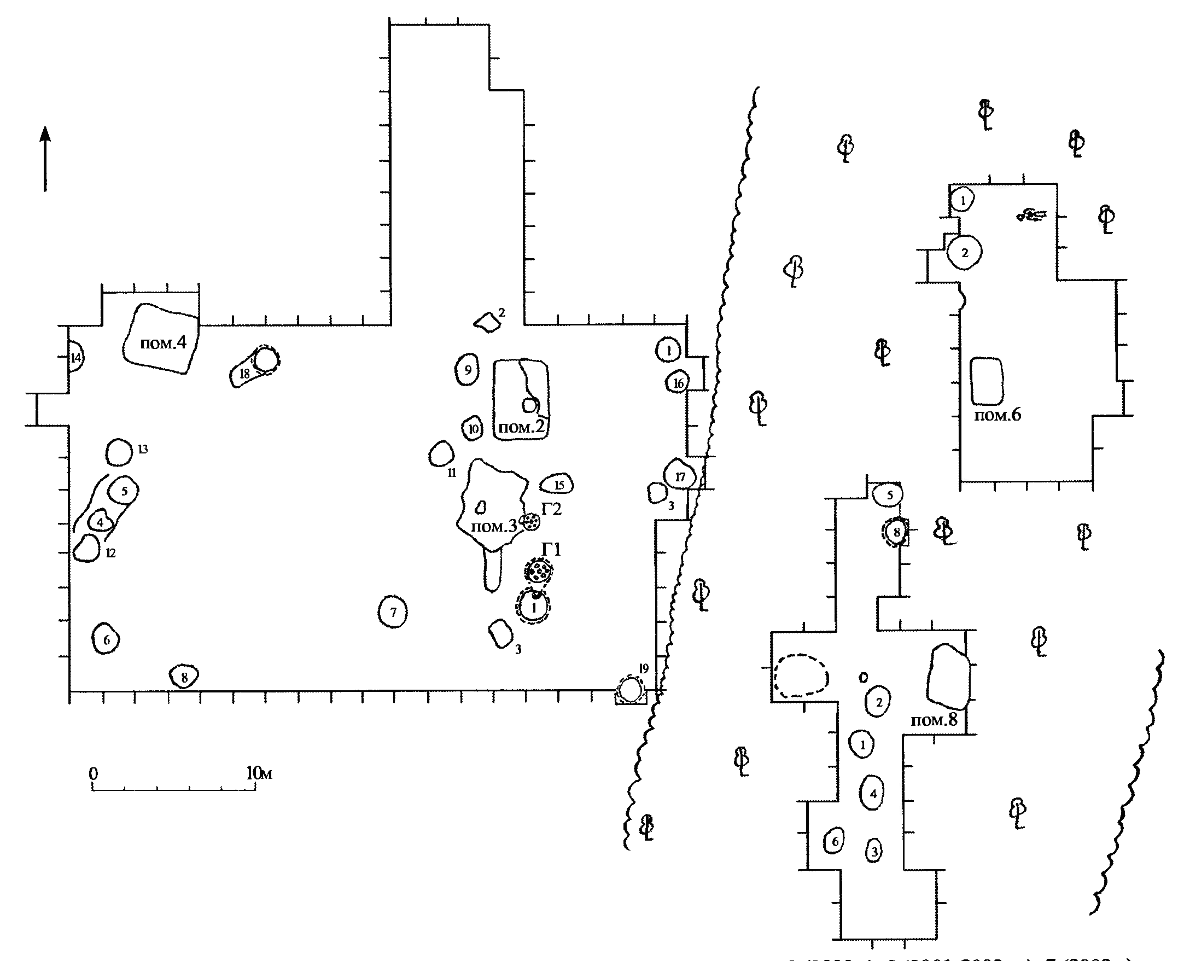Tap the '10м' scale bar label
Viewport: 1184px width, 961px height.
tap(259, 773)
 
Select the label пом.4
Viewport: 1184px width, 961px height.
tap(163, 343)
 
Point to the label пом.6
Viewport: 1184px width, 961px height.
tap(998, 415)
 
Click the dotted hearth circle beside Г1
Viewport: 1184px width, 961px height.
tap(538, 570)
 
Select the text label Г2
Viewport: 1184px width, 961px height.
tap(551, 508)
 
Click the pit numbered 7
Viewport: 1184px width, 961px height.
tap(393, 612)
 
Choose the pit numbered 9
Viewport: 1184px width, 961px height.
tap(467, 369)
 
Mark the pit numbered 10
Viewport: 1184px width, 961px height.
tap(473, 428)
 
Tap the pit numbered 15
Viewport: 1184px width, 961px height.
tap(558, 485)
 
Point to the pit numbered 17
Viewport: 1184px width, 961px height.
tap(680, 476)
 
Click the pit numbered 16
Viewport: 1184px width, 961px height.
tap(678, 382)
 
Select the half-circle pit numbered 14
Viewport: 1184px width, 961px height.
tap(76, 358)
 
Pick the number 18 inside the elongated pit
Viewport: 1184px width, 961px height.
tap(244, 374)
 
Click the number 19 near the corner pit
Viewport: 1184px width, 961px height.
tap(643, 669)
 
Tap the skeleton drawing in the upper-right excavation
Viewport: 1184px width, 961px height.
tap(1031, 215)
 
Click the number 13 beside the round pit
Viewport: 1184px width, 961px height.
tap(143, 449)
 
